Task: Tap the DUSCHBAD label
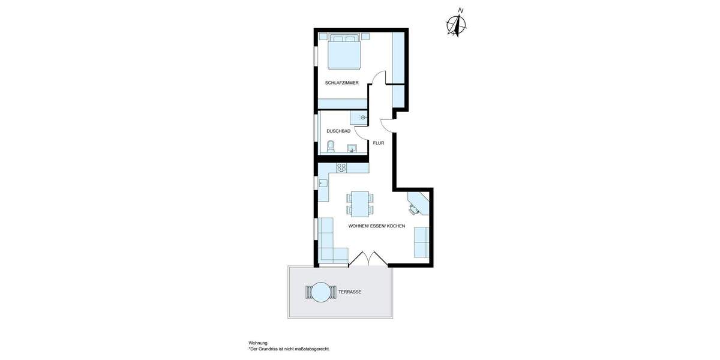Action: coord(338,131)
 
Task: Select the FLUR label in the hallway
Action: coord(379,143)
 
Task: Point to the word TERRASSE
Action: coord(349,292)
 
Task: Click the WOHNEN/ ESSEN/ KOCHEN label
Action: coord(377,226)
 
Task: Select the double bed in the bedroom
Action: coord(344,53)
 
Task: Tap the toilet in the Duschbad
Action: coord(330,146)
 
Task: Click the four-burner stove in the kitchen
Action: coord(341,168)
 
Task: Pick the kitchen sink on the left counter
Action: coord(323,184)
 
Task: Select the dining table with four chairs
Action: coord(360,203)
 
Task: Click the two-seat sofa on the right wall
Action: coord(421,242)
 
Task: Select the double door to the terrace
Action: coord(368,258)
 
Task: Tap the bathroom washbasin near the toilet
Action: coord(352,148)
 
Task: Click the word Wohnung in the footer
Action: coord(257,343)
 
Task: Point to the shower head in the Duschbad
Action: coord(363,118)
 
